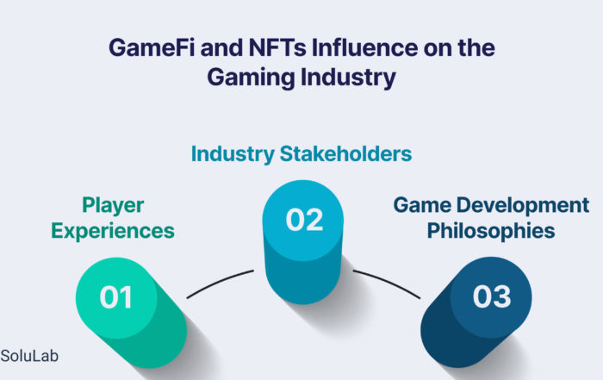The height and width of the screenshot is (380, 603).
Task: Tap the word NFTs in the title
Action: coord(277,47)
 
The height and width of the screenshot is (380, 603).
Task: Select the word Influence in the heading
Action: coord(364,47)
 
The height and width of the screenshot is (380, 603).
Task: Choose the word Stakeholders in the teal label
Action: coord(345,154)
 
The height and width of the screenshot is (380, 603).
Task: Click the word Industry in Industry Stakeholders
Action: coord(233,154)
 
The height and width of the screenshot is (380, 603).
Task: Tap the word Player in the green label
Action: coord(113,206)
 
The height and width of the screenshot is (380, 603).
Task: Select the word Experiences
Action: coord(113,232)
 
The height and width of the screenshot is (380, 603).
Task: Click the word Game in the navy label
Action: coord(422,205)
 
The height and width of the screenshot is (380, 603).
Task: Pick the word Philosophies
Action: coord(491,232)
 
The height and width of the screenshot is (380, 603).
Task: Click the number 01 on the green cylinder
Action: coord(116,297)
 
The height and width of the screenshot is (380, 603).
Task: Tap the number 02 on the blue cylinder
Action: coord(305,220)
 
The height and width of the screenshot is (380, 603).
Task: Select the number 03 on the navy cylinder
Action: coord(492,296)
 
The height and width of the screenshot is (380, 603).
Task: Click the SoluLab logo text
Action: coord(29,356)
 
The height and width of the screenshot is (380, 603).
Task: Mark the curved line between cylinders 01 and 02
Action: coord(219,282)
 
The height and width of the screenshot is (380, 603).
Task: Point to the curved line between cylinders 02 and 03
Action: coord(388,282)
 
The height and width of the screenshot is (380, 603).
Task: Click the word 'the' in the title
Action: coord(476,47)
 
